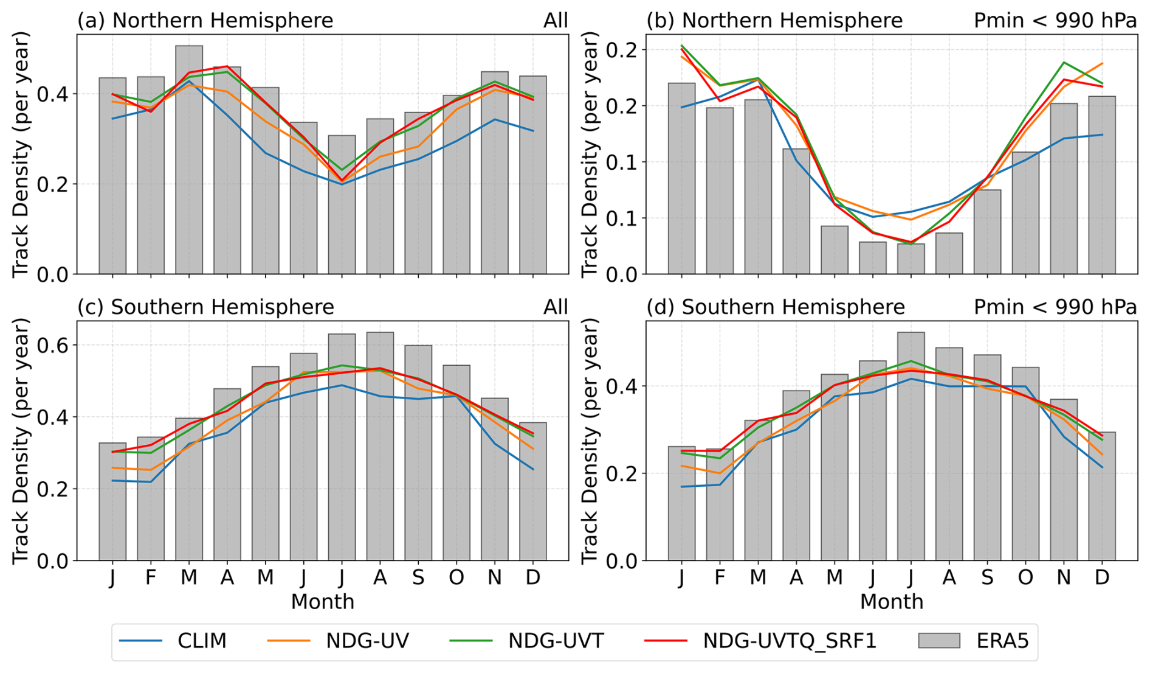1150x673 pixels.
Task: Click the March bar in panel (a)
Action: pyautogui.click(x=189, y=159)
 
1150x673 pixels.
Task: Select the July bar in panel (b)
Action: pyautogui.click(x=911, y=259)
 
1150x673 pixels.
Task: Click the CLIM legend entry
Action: pyautogui.click(x=202, y=641)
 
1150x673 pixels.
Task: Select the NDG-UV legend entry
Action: pyautogui.click(x=367, y=641)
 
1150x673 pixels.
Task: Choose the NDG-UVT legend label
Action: pyautogui.click(x=556, y=641)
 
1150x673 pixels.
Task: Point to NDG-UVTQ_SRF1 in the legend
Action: pyautogui.click(x=790, y=641)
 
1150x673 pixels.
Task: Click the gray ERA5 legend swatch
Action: pyautogui.click(x=939, y=641)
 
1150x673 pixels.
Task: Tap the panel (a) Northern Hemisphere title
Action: pyautogui.click(x=205, y=21)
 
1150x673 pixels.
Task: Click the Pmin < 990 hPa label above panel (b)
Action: pyautogui.click(x=1055, y=21)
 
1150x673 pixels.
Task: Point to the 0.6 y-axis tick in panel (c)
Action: pyautogui.click(x=55, y=346)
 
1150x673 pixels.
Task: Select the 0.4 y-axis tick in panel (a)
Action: pyautogui.click(x=55, y=94)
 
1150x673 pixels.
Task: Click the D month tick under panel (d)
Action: pyautogui.click(x=1102, y=577)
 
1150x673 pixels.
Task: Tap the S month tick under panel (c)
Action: pyautogui.click(x=418, y=577)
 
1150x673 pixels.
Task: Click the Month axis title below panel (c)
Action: pyautogui.click(x=322, y=602)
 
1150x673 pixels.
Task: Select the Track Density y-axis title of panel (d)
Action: pyautogui.click(x=590, y=440)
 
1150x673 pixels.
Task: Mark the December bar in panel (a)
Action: pyautogui.click(x=533, y=175)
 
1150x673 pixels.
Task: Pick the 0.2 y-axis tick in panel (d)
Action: pyautogui.click(x=624, y=473)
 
